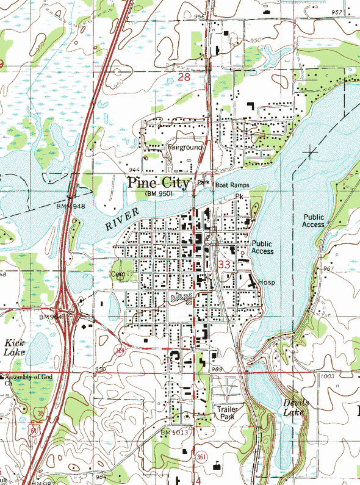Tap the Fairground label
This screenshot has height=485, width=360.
point(185,148)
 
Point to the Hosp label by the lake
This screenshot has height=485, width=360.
point(267,282)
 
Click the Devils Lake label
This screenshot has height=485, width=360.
point(297,408)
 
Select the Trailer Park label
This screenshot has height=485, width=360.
point(226,412)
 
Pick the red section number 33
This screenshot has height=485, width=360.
point(224,264)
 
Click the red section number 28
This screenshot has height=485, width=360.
point(185,78)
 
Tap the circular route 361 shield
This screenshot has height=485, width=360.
point(201,456)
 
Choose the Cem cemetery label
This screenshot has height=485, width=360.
point(118,275)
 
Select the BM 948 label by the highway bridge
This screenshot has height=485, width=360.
point(70,206)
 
